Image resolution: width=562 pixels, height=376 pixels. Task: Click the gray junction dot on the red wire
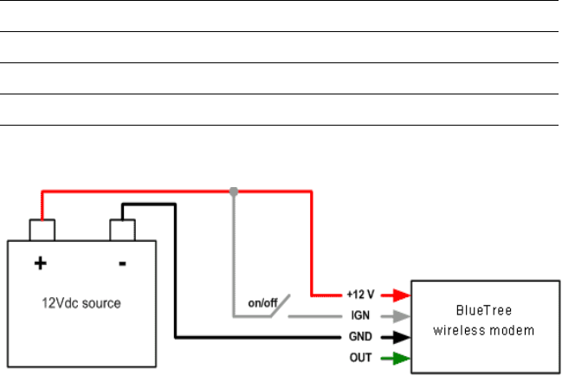(x=233, y=191)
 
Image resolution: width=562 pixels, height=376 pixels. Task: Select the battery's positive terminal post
(x=42, y=230)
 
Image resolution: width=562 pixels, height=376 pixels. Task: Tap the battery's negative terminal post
(x=122, y=230)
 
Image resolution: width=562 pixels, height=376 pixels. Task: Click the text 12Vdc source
(x=81, y=303)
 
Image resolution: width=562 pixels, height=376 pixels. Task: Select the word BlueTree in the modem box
(x=484, y=309)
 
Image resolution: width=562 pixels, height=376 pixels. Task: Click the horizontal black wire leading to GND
(x=260, y=337)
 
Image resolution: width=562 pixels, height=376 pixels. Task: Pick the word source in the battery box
(x=101, y=303)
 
